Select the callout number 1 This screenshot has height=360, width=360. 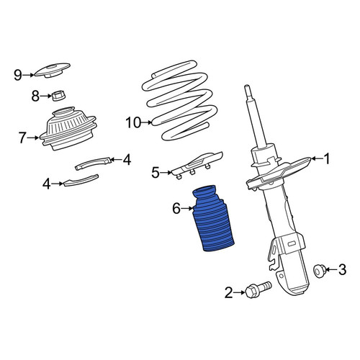(x=327, y=158)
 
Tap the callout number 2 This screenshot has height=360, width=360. (x=228, y=292)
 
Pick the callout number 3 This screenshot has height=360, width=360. (x=342, y=269)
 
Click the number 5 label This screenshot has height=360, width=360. (x=156, y=172)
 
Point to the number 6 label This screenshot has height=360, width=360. (x=176, y=208)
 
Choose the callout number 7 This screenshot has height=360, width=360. (x=22, y=138)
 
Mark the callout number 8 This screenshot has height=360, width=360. (x=35, y=96)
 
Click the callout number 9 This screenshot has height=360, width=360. (x=18, y=75)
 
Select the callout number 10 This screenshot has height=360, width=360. (x=133, y=122)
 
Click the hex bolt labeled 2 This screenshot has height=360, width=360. (x=258, y=289)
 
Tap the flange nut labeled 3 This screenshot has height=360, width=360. (x=320, y=271)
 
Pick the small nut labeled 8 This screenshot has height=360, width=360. (x=59, y=96)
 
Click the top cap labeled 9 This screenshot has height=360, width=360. (x=53, y=70)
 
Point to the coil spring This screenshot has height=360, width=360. (x=180, y=101)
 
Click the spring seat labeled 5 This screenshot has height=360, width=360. (x=197, y=165)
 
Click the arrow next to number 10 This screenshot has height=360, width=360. (x=146, y=122)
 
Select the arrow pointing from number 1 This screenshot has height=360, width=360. (x=317, y=158)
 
